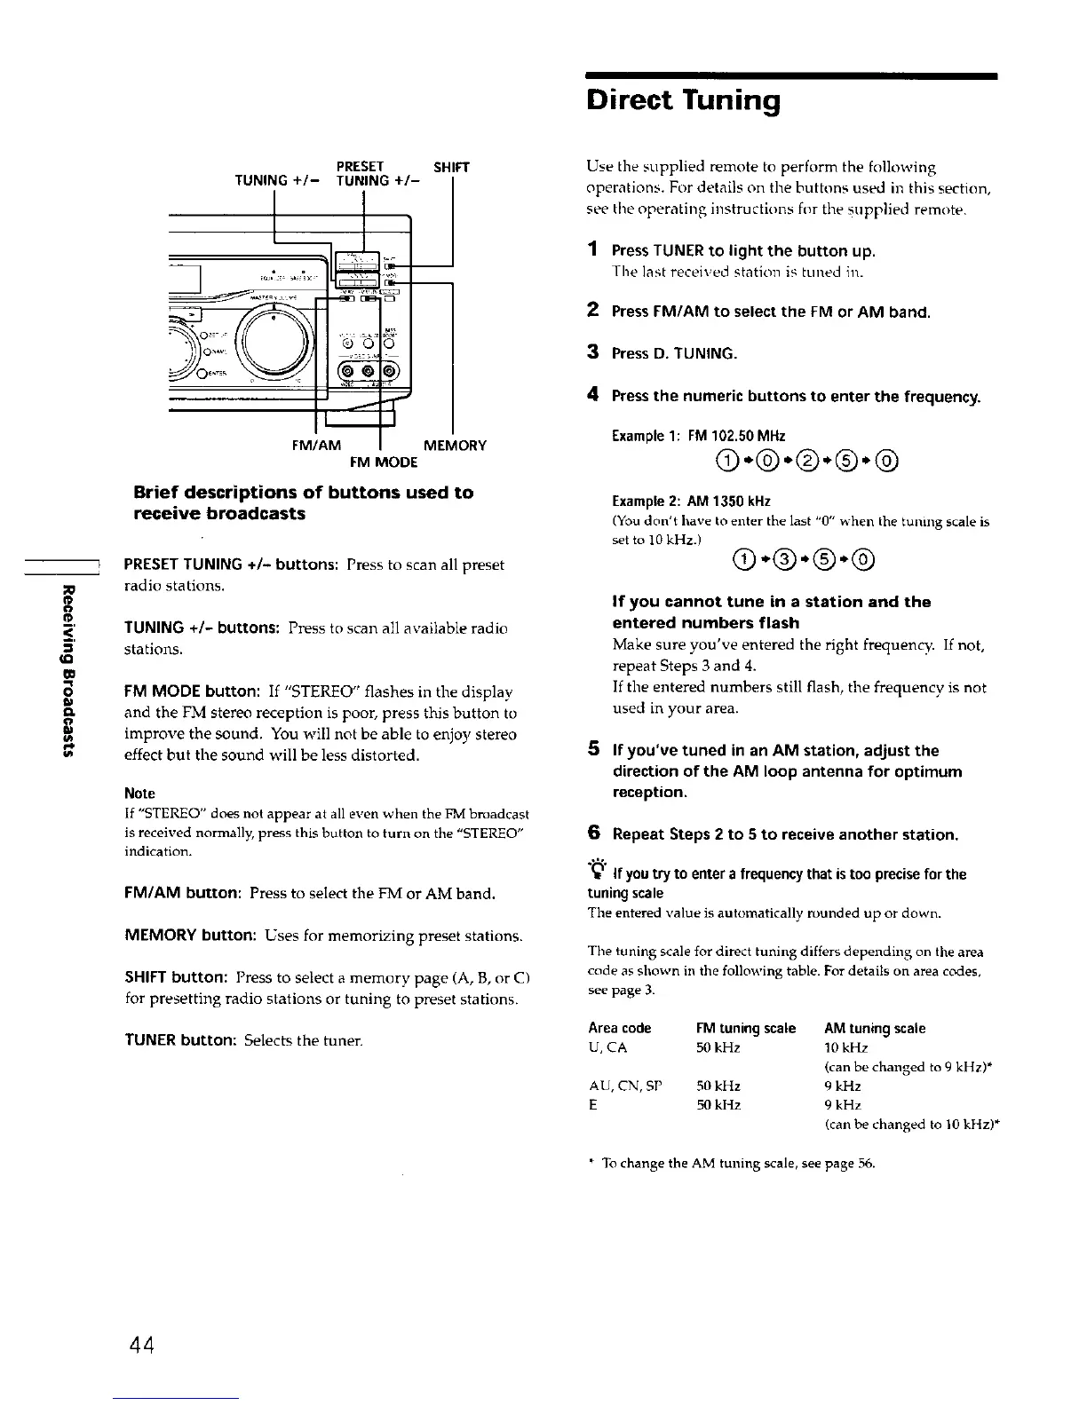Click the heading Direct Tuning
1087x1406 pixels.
pyautogui.click(x=684, y=100)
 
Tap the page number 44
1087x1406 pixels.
pyautogui.click(x=142, y=1343)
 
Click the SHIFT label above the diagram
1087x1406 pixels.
pyautogui.click(x=451, y=167)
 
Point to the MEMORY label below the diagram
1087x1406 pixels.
pyautogui.click(x=455, y=446)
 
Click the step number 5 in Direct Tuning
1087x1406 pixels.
pyautogui.click(x=592, y=749)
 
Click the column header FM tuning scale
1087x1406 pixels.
pyautogui.click(x=745, y=1028)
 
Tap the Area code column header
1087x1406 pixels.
pyautogui.click(x=619, y=1028)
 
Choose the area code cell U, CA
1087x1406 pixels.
pyautogui.click(x=607, y=1047)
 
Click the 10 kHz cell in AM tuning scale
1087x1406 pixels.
pyautogui.click(x=843, y=1047)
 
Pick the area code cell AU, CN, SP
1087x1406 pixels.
pyautogui.click(x=625, y=1086)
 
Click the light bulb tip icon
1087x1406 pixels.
pyautogui.click(x=595, y=871)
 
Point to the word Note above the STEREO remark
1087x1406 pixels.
pyautogui.click(x=139, y=794)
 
